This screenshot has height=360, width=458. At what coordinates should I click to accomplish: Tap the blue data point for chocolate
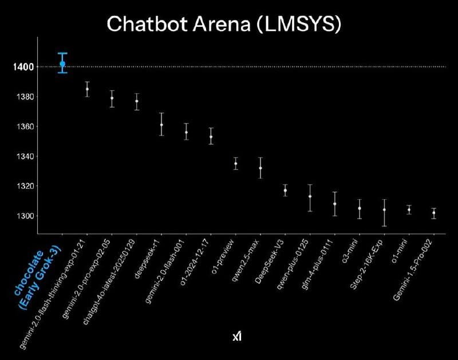pos(62,64)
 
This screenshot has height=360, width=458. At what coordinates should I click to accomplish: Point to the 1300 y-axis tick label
pos(23,216)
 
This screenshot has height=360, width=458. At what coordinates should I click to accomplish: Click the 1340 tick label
pos(23,156)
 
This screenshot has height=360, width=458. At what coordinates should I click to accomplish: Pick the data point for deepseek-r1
pos(161,124)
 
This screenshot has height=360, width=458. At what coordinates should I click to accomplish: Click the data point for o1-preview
pos(235,164)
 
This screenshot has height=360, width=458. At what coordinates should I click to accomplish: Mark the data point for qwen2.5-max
pos(260,168)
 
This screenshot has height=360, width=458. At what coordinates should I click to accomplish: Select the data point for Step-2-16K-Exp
pos(384,209)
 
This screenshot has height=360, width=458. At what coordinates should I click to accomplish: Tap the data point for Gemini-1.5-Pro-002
pos(434,213)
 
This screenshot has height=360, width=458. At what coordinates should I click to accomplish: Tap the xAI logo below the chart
pos(236,338)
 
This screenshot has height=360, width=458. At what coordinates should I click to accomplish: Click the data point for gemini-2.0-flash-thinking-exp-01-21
pos(87,89)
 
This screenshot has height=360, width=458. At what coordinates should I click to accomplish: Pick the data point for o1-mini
pos(409,210)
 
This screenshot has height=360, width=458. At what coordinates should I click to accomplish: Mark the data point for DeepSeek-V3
pos(285,190)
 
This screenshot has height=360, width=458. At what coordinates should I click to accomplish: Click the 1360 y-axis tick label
pos(23,126)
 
